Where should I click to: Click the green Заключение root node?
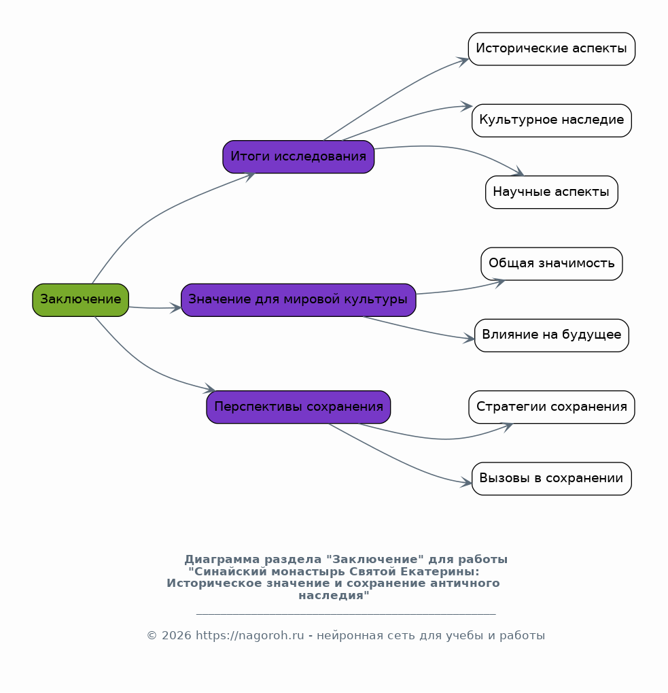point(80,300)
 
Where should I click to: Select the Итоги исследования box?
point(298,157)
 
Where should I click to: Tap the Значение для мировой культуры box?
point(298,300)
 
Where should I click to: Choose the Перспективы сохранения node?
point(298,407)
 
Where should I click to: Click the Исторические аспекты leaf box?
point(551,49)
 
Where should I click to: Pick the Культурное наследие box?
point(551,120)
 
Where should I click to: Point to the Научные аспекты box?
point(551,192)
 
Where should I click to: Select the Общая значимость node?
point(551,264)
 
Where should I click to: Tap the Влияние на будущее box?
point(551,335)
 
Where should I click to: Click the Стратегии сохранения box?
point(551,407)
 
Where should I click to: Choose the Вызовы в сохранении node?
point(551,479)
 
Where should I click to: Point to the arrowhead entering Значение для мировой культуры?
point(175,307)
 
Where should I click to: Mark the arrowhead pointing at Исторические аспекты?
point(462,61)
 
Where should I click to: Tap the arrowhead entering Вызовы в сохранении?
point(465,483)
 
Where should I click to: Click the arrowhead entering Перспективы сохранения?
point(209,388)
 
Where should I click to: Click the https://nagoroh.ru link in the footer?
point(250,636)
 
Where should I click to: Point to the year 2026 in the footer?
point(177,636)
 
